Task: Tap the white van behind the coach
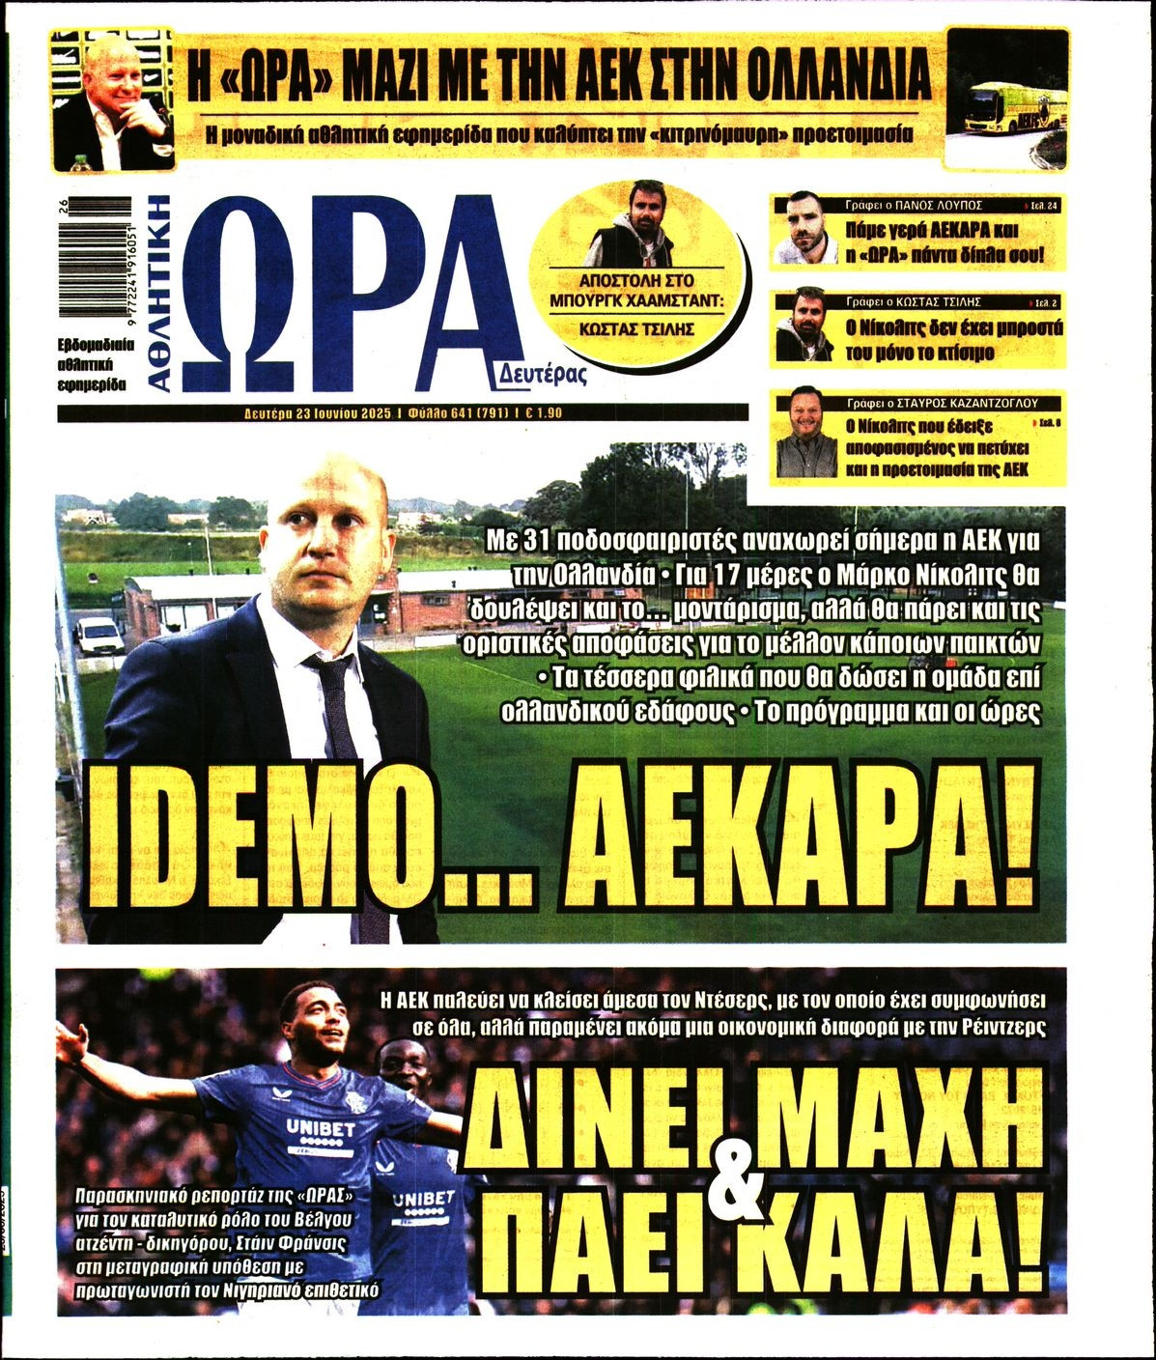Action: point(99,637)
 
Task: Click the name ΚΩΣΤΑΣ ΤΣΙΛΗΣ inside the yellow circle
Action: point(642,328)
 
